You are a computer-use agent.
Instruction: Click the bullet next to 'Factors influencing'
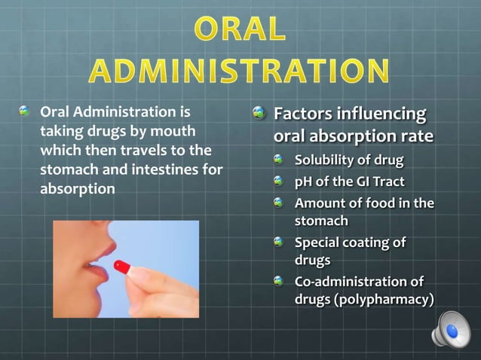259,114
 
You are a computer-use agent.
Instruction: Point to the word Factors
302,114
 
